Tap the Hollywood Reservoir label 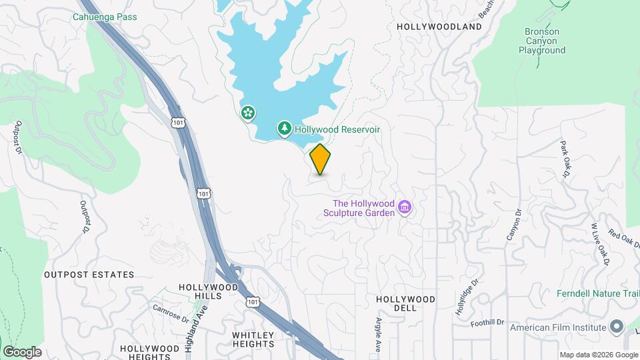click(x=337, y=129)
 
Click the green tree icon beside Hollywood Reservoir click(x=285, y=128)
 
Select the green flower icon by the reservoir click(x=248, y=113)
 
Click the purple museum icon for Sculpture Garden click(x=404, y=208)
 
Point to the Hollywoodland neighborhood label click(x=439, y=27)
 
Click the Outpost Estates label click(x=89, y=275)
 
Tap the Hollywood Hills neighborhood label click(x=209, y=292)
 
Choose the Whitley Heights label click(x=253, y=339)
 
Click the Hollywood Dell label click(x=405, y=303)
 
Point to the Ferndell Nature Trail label click(x=598, y=293)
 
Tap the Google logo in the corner click(x=22, y=351)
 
